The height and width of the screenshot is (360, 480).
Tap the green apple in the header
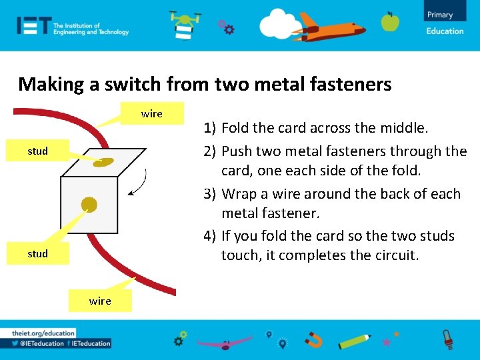click(x=390, y=22)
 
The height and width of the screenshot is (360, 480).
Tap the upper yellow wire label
click(x=152, y=113)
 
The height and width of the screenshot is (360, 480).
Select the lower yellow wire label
click(x=100, y=301)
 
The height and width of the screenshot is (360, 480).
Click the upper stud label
click(x=37, y=151)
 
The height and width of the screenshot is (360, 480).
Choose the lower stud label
click(x=37, y=253)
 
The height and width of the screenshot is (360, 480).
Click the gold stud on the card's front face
click(x=88, y=204)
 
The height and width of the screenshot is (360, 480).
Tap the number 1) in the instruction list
click(x=210, y=127)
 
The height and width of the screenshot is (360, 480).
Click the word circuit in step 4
click(x=396, y=255)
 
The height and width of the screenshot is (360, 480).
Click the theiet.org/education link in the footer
click(x=43, y=333)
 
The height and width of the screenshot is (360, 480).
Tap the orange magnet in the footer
click(x=313, y=341)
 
